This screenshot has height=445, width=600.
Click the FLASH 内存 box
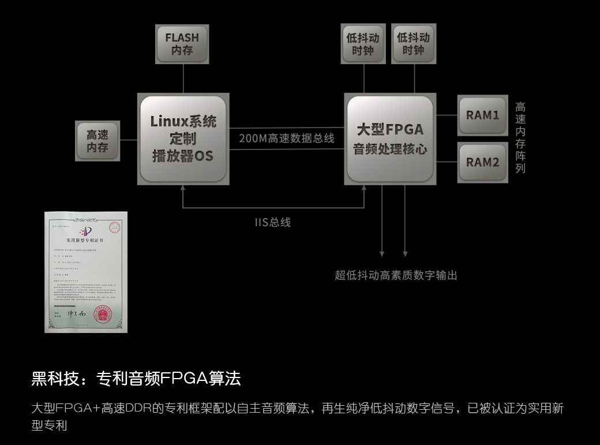pyautogui.click(x=182, y=44)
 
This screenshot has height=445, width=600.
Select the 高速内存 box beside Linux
pyautogui.click(x=97, y=141)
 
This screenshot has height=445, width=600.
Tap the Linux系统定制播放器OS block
pyautogui.click(x=183, y=139)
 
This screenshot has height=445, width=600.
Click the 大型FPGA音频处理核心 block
pyautogui.click(x=389, y=139)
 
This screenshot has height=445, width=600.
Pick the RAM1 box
pyautogui.click(x=482, y=115)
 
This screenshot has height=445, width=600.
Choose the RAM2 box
pyautogui.click(x=482, y=162)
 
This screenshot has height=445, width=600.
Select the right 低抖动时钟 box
pyautogui.click(x=413, y=44)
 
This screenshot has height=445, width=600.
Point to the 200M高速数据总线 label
pyautogui.click(x=287, y=139)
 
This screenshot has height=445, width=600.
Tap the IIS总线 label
pyautogui.click(x=273, y=222)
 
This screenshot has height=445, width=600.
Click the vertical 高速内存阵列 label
pyautogui.click(x=520, y=137)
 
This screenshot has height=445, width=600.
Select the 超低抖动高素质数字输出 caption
pyautogui.click(x=396, y=275)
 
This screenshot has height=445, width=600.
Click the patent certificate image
pyautogui.click(x=86, y=272)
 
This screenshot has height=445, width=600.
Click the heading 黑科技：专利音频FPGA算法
pyautogui.click(x=136, y=379)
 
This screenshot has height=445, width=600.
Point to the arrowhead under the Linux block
pyautogui.click(x=183, y=188)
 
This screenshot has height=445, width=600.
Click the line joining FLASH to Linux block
pyautogui.click(x=183, y=78)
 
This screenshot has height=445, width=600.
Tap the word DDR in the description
pyautogui.click(x=138, y=409)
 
